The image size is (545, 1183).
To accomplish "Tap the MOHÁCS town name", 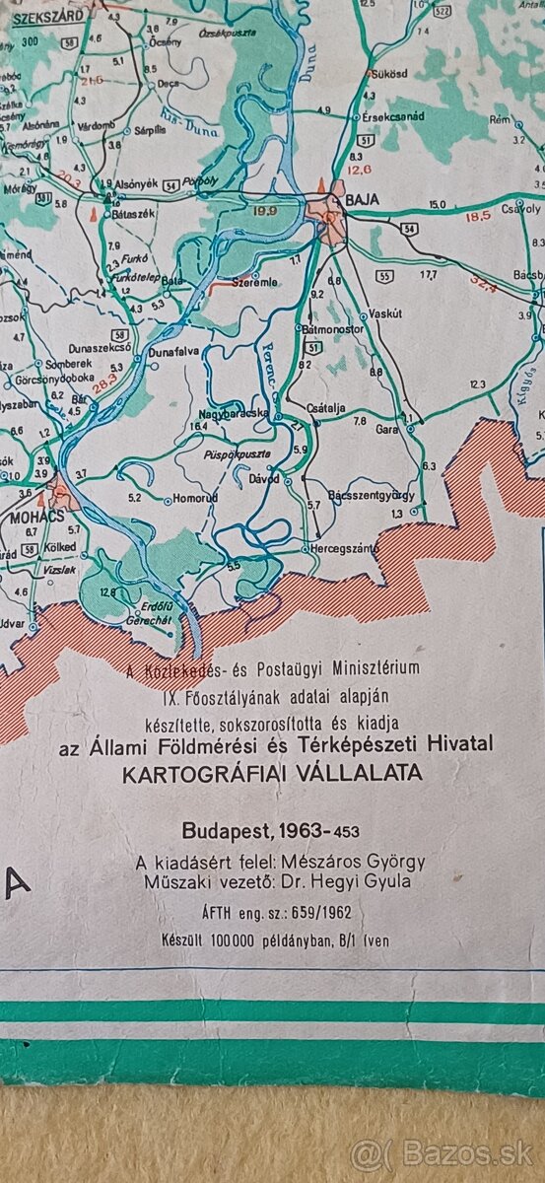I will point(31,516).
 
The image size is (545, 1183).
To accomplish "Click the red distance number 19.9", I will point(264,210).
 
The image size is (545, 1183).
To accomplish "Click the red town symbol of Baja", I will point(327,214).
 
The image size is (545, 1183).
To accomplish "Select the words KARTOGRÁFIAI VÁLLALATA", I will point(272,773).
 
